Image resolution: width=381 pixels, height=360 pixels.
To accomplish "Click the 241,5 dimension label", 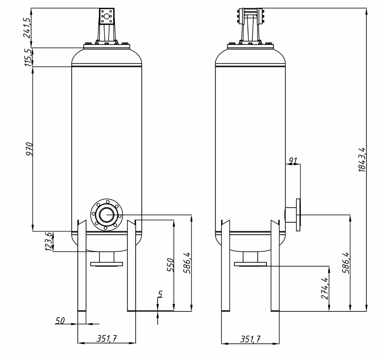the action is (x=27, y=28).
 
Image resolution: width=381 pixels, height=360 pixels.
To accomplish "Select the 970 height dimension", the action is (x=29, y=149).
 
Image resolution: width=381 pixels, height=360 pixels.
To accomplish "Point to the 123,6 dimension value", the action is (x=49, y=242).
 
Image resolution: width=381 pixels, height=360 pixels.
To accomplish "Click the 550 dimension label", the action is (x=170, y=265).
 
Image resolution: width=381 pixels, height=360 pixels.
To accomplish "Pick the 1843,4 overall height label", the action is (x=362, y=160).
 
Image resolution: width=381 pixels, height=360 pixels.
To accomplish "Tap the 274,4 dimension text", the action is (x=325, y=288).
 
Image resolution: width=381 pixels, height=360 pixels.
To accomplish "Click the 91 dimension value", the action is (x=293, y=160).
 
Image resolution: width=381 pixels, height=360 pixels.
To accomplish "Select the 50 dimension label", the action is (x=60, y=321).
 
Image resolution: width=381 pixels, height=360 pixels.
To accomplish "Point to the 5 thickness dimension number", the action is (x=160, y=294).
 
